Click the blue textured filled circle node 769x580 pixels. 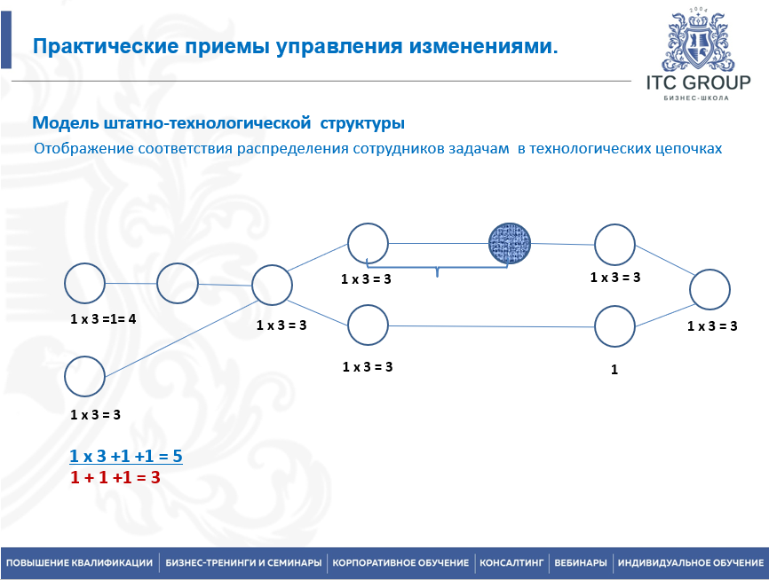tap(511, 242)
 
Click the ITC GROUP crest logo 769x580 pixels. tap(699, 43)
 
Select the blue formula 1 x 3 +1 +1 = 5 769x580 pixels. tap(126, 458)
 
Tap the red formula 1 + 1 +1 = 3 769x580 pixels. tap(115, 477)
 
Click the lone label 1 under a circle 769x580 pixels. tap(614, 371)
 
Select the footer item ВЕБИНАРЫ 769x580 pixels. tap(581, 563)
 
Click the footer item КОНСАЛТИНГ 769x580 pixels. tap(511, 563)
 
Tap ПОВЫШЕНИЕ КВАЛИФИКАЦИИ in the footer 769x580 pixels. tap(79, 563)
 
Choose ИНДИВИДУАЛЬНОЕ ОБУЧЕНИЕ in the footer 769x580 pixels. tap(691, 563)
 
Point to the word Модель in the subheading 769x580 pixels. tap(61, 122)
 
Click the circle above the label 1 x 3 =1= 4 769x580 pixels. tap(85, 284)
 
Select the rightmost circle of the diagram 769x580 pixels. tap(710, 290)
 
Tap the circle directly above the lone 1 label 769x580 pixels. tap(614, 326)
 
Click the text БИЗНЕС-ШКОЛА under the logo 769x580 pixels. tap(697, 98)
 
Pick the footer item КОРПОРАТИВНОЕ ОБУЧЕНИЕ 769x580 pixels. tap(400, 563)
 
